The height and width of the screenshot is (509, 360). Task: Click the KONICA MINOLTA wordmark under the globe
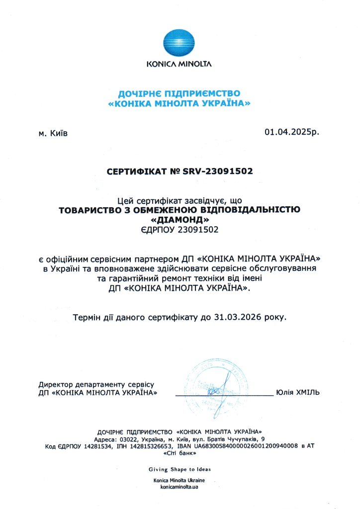[x=180, y=64]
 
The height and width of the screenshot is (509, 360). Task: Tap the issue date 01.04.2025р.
[x=292, y=132]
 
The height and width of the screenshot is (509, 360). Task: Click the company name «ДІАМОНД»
[x=180, y=219]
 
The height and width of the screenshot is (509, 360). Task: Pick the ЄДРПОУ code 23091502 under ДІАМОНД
[x=198, y=230]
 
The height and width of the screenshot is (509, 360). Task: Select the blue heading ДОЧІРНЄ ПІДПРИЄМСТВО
[x=180, y=93]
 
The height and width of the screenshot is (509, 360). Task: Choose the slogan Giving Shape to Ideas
[x=180, y=469]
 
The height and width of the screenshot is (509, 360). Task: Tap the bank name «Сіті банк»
[x=180, y=454]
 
